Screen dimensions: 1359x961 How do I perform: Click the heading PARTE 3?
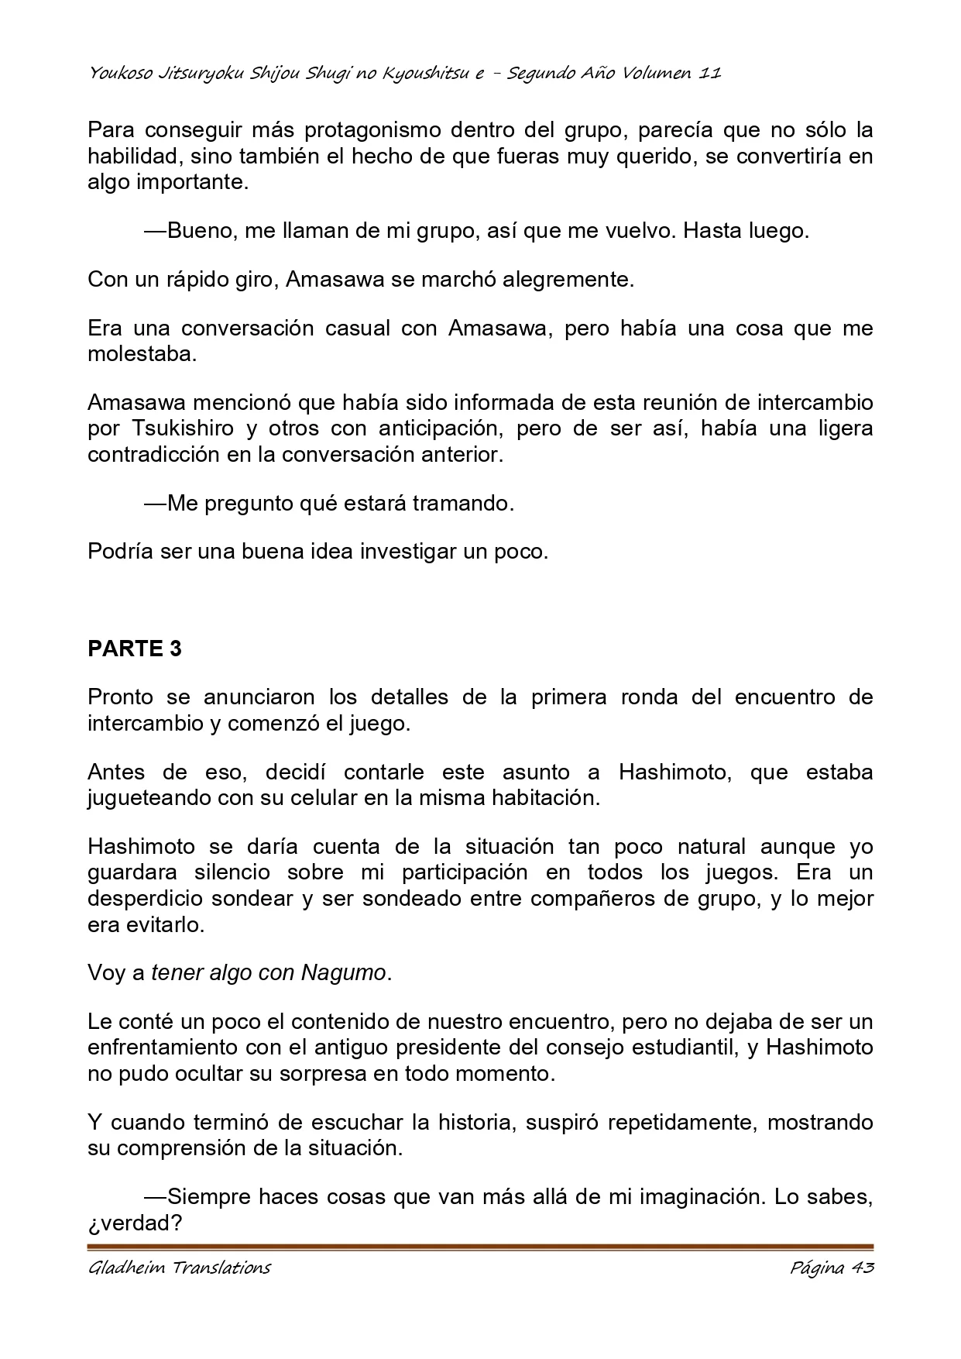point(135,649)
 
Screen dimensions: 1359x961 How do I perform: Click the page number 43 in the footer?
point(862,1268)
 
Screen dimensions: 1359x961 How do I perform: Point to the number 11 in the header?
point(710,74)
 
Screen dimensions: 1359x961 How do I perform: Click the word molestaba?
point(142,355)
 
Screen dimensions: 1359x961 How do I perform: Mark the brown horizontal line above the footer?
point(480,1247)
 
